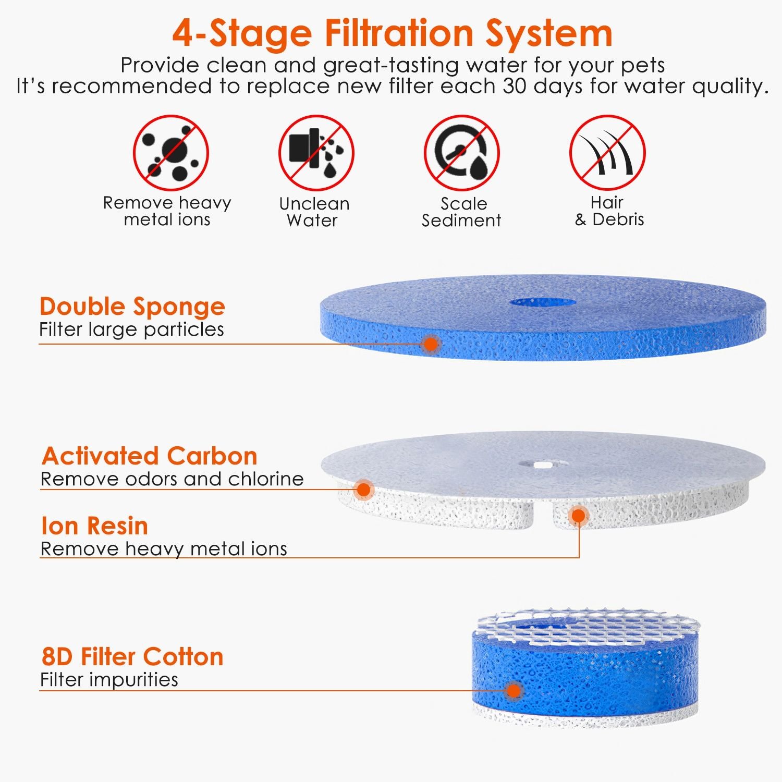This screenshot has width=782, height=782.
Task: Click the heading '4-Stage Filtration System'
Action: click(392, 34)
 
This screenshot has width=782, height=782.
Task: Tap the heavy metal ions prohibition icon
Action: click(171, 153)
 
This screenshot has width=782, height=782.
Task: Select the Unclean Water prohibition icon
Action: click(316, 153)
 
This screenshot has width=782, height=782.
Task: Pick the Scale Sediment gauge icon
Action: click(461, 153)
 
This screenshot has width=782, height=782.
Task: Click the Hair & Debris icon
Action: click(607, 153)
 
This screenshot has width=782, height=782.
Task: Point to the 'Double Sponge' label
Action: click(132, 307)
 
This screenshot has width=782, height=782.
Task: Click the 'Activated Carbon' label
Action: click(149, 456)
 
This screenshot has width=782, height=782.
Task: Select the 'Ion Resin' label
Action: click(94, 526)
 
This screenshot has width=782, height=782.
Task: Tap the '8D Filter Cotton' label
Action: click(132, 657)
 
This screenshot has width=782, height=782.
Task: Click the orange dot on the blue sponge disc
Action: click(431, 344)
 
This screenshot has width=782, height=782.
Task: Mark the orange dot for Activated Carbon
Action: click(363, 490)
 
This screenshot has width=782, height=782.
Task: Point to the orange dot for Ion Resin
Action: click(578, 516)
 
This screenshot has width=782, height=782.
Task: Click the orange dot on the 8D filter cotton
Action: click(514, 691)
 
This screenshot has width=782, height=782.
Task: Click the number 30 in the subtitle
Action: click(515, 86)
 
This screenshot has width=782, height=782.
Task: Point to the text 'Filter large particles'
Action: click(131, 329)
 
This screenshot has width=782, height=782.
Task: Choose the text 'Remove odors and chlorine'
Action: click(172, 479)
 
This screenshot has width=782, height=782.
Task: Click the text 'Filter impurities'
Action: click(109, 679)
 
